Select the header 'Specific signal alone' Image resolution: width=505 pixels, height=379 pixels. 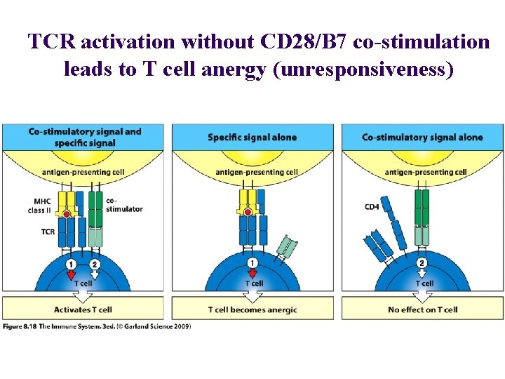(x=252, y=138)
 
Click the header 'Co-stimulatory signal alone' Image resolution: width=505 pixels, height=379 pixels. (x=422, y=138)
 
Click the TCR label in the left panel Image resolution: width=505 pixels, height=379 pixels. (x=48, y=231)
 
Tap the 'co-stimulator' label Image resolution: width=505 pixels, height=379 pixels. (x=124, y=204)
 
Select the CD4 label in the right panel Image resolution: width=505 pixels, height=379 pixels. (x=372, y=206)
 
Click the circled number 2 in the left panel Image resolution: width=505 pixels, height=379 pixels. (x=95, y=264)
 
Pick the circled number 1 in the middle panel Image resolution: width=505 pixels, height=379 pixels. (x=252, y=263)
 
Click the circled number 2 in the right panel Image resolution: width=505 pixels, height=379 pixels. (x=422, y=263)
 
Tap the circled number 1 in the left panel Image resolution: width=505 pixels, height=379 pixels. (x=71, y=264)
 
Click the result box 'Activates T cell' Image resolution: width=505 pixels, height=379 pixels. (x=83, y=310)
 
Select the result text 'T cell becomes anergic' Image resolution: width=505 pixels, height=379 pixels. (x=252, y=310)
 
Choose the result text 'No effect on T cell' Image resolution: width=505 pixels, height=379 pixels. (x=422, y=310)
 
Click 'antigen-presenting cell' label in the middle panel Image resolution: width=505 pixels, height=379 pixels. (x=257, y=172)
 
